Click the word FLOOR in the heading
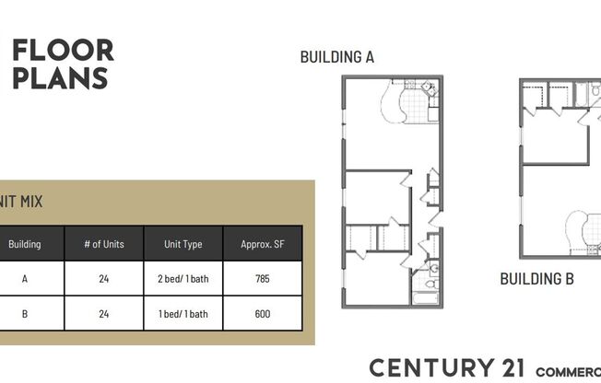tap(64, 50)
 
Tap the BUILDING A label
tap(336, 57)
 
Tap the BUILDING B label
tap(536, 278)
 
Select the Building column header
tap(25, 244)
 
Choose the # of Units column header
tap(103, 244)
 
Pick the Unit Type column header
tap(183, 244)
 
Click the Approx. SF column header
tap(262, 244)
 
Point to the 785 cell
tap(262, 279)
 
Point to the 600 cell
tap(262, 314)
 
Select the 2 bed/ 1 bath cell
tap(183, 279)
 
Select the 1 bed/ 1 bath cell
tap(183, 314)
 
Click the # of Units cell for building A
tap(103, 279)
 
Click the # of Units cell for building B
tap(103, 314)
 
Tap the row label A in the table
tap(25, 279)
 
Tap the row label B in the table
tap(25, 314)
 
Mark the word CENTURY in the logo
tap(420, 367)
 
